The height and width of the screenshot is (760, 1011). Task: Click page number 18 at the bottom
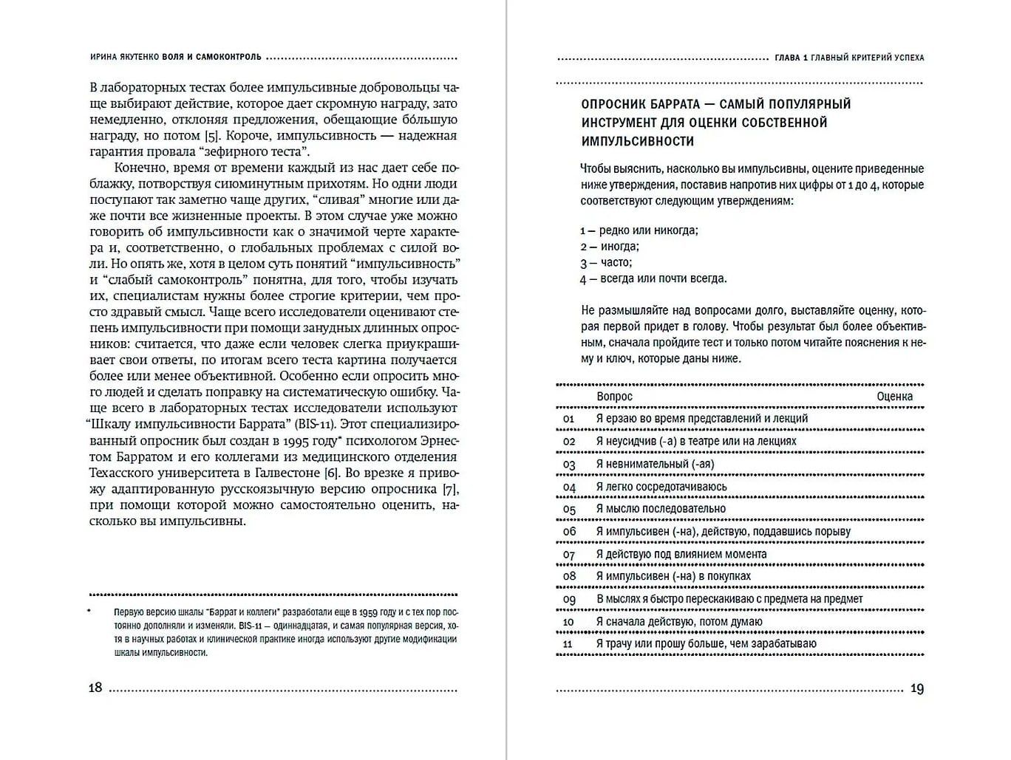click(95, 688)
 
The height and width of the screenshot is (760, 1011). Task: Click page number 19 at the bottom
click(916, 688)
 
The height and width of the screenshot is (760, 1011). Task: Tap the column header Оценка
click(894, 397)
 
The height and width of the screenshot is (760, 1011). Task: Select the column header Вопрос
click(614, 397)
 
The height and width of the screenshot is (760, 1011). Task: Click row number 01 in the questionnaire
click(568, 419)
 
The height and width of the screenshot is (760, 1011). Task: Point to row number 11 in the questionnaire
click(568, 645)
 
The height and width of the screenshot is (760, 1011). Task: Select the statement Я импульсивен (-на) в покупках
click(673, 576)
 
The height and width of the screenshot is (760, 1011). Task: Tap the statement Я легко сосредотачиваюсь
click(661, 487)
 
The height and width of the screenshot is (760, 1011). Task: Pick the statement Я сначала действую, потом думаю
click(678, 622)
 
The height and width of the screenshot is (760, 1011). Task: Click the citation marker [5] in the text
click(212, 136)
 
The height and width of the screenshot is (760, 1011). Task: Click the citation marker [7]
click(449, 489)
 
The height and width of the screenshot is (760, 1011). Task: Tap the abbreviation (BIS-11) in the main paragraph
click(316, 424)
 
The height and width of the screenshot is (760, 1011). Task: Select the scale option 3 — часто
click(606, 262)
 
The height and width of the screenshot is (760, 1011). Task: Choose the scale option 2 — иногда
click(610, 247)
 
